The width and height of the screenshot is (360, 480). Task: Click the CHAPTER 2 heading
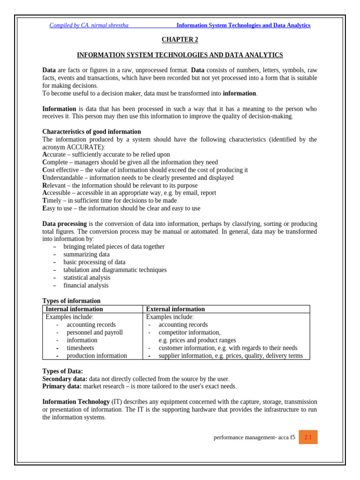click(180, 40)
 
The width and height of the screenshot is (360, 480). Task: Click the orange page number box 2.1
click(308, 437)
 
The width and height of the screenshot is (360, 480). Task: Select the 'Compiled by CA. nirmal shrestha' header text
click(89, 25)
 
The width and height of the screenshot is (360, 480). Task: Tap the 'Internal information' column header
click(74, 309)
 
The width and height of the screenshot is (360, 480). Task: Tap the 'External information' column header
click(175, 309)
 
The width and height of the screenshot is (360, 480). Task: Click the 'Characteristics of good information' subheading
click(91, 132)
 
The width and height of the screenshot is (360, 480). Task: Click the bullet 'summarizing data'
click(86, 255)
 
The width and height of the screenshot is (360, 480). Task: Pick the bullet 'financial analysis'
click(86, 285)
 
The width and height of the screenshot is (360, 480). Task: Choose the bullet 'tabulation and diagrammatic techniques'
click(115, 270)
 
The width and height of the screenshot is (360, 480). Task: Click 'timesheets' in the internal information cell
click(80, 348)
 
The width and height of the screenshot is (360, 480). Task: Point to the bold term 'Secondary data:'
click(65, 379)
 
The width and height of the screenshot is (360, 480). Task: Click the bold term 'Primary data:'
click(62, 386)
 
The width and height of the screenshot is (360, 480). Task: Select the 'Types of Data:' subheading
click(62, 371)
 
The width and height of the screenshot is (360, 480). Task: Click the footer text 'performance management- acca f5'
click(254, 437)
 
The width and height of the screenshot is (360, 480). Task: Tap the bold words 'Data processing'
click(64, 224)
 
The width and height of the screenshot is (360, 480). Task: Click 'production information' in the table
click(97, 356)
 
